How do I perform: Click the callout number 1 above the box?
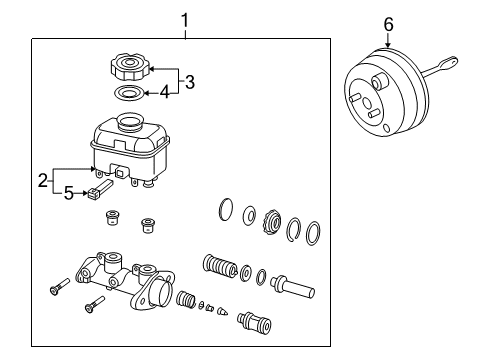pyautogui.click(x=184, y=18)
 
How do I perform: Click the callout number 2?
pyautogui.click(x=42, y=181)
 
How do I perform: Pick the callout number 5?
pyautogui.click(x=68, y=193)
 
